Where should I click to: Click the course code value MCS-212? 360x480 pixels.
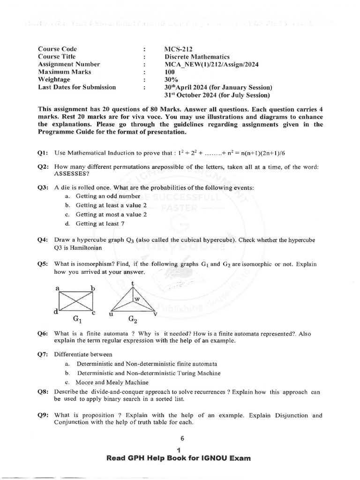(x=178, y=49)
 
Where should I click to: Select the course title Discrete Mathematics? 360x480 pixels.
(x=197, y=56)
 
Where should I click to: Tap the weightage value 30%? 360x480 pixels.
(x=171, y=80)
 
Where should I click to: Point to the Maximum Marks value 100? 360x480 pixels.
(x=169, y=72)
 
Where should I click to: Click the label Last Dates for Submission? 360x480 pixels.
(x=77, y=87)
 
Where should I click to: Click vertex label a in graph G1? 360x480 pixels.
(x=58, y=289)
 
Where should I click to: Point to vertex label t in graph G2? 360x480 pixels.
(x=133, y=284)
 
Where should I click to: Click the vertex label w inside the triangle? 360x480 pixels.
(x=137, y=298)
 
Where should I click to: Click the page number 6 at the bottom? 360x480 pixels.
(x=182, y=439)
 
